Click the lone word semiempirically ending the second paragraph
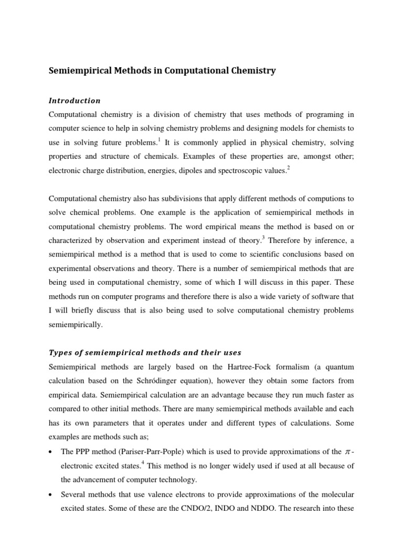tap(76, 325)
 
